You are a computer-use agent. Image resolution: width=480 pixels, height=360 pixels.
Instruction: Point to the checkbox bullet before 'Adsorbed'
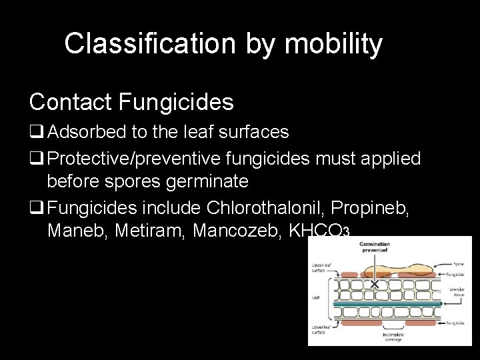tap(36, 133)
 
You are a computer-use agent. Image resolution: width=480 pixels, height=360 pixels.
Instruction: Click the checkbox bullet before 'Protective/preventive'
tap(36, 159)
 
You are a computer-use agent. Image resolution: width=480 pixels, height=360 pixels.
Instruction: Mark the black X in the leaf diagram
tap(375, 284)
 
